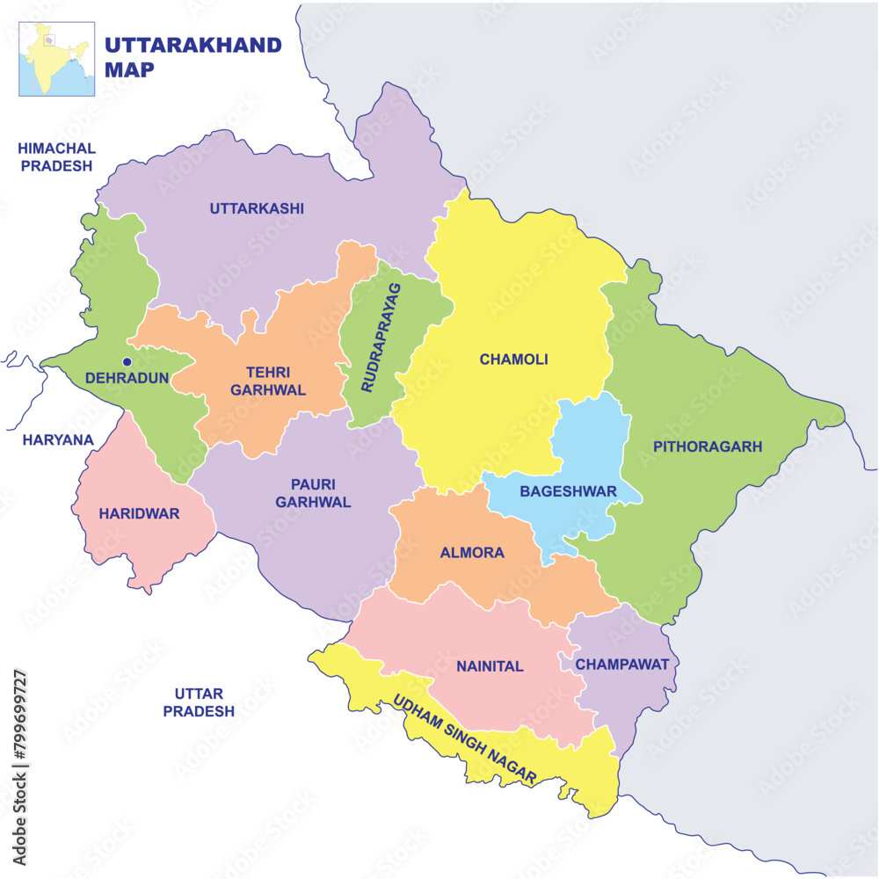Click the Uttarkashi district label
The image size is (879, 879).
257,208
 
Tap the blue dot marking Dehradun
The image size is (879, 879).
127,361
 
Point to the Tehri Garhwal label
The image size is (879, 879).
276,381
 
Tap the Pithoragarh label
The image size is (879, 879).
707,447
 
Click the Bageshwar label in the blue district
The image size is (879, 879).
568,491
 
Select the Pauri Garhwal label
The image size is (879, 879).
313,493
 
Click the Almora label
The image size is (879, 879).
472,553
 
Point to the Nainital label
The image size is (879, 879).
490,666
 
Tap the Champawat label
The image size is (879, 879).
622,664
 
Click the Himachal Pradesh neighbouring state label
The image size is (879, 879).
57,156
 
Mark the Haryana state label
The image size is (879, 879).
58,439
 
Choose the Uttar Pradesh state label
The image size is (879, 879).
199,702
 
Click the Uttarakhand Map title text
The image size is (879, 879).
193,57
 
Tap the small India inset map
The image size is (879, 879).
57,59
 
